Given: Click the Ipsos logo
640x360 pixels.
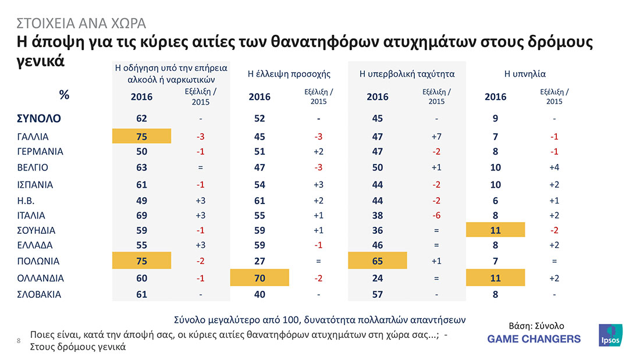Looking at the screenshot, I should (610, 337).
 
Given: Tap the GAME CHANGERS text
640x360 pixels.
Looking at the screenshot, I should (534, 338).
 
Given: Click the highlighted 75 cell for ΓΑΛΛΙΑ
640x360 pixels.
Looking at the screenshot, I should (142, 136).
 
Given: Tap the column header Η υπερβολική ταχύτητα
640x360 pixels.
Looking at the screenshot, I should (407, 74).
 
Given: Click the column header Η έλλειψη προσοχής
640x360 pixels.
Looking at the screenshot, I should (289, 74).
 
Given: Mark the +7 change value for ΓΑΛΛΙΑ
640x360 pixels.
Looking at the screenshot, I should (436, 136).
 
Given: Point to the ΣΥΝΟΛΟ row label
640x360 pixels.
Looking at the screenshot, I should (38, 119).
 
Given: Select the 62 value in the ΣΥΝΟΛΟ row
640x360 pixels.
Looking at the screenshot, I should (142, 119).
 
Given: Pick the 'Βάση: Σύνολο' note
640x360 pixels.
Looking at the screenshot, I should (536, 326).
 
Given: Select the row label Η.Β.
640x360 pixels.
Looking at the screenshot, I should (26, 200).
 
